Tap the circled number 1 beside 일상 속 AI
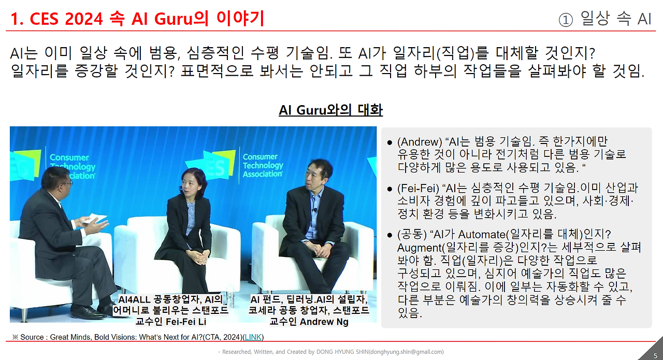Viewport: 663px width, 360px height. pos(566,19)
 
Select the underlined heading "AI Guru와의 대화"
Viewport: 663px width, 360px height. pos(330,110)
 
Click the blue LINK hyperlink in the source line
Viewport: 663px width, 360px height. pos(253,337)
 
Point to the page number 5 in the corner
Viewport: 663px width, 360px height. pos(655,355)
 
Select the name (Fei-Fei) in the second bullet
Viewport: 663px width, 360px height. pos(419,188)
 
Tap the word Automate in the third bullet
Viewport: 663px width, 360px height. pos(482,235)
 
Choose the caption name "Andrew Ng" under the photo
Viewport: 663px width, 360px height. pos(325,321)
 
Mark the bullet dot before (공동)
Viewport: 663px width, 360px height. pos(390,235)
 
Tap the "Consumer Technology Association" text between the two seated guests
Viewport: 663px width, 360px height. pos(263,165)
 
